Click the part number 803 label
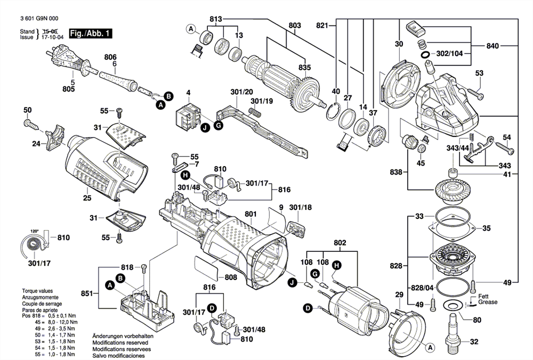(x=294, y=26)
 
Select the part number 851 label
(x=87, y=293)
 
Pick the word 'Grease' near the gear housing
(x=488, y=302)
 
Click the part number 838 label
(x=396, y=173)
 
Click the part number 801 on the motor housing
(x=251, y=215)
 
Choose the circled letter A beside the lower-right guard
(x=430, y=347)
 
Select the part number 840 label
(x=492, y=46)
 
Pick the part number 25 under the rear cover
(x=87, y=198)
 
